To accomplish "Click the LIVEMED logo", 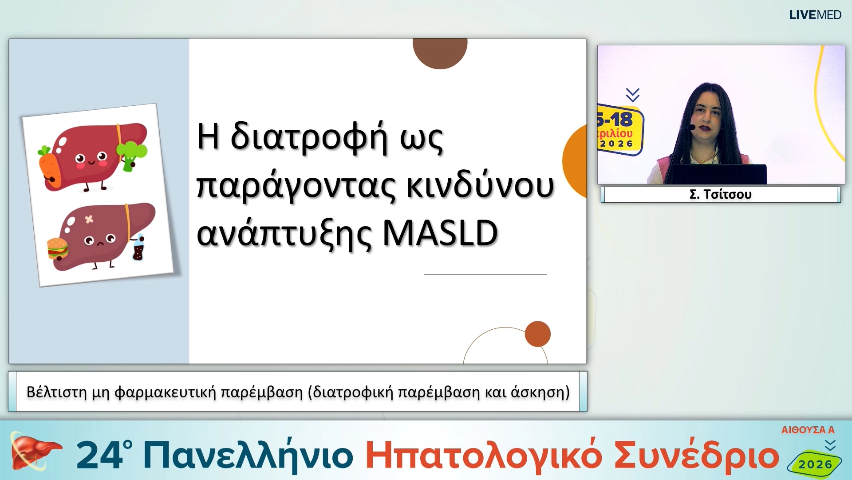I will (815, 15).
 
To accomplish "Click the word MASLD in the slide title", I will (440, 233).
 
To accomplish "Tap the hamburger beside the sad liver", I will (58, 248).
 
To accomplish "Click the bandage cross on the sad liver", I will (89, 219).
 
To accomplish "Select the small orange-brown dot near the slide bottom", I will (537, 334).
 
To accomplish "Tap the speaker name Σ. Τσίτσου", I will (720, 194).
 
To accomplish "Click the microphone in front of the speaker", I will (691, 128).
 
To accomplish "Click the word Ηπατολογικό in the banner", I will (484, 456).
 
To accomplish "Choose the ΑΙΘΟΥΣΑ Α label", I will (808, 430).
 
